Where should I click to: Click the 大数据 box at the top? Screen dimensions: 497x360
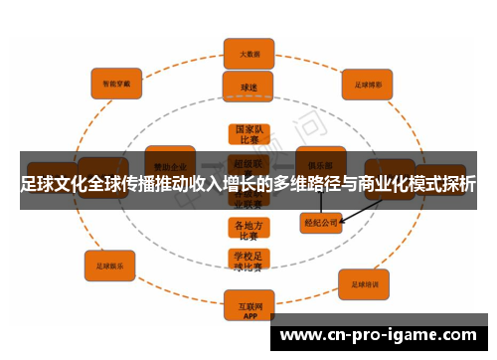coord(248,51)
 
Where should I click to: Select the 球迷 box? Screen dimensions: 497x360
coord(248,87)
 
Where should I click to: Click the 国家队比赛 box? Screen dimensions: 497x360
coord(248,135)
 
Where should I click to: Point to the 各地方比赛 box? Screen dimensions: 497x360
coord(248,231)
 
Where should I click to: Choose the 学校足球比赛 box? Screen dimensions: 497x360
coord(248,262)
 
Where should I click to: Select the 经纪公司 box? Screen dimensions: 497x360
coord(321,224)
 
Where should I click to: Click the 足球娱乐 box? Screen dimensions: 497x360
coord(110,266)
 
